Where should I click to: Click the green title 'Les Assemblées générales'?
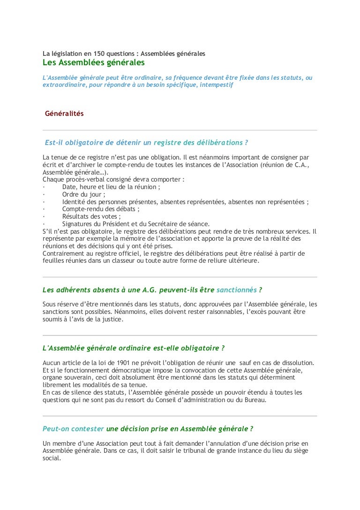pos(93,62)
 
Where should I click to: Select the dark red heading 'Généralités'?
pos(64,114)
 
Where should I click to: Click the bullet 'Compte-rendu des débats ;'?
pos(101,209)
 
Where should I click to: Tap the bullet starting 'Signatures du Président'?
pos(136,224)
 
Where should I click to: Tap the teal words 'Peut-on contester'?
pos(73,429)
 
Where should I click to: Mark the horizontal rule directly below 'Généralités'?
pos(180,130)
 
